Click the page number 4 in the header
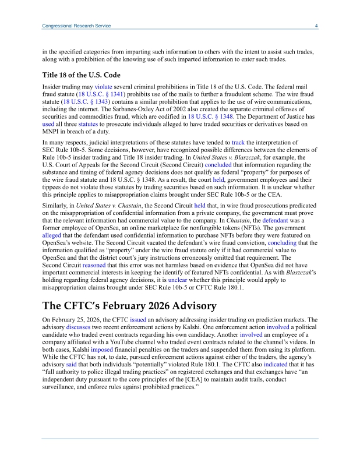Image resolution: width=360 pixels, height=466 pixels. click(x=316, y=26)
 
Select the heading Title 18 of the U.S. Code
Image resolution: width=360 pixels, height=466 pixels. click(x=82, y=75)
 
